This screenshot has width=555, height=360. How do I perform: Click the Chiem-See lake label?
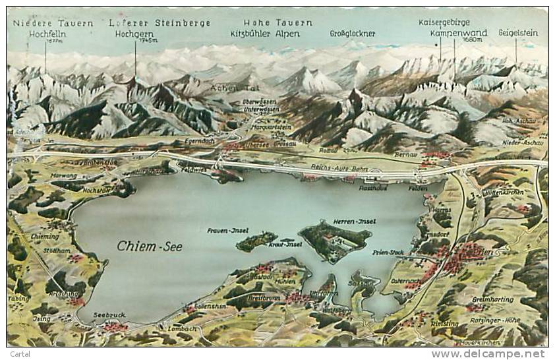[x=150, y=246]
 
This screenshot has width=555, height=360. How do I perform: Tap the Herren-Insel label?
[x=354, y=222]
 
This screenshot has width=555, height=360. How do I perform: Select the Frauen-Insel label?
[x=227, y=230]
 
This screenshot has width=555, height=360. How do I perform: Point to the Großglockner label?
[x=353, y=34]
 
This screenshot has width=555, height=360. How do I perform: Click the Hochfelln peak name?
[x=44, y=34]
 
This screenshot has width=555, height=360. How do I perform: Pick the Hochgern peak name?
[x=134, y=34]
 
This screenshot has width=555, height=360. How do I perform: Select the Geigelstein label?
[x=518, y=32]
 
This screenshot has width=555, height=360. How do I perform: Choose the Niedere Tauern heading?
[x=53, y=23]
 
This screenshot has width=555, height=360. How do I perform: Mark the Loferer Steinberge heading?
[x=160, y=23]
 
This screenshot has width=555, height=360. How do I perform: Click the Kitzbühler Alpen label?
[x=271, y=34]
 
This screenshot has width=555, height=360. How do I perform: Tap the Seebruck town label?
[x=109, y=315]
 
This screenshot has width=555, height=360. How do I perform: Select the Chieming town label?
[x=44, y=236]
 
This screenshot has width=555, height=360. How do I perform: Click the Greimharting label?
[x=492, y=299]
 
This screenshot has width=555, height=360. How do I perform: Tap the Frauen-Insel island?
[x=256, y=241]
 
